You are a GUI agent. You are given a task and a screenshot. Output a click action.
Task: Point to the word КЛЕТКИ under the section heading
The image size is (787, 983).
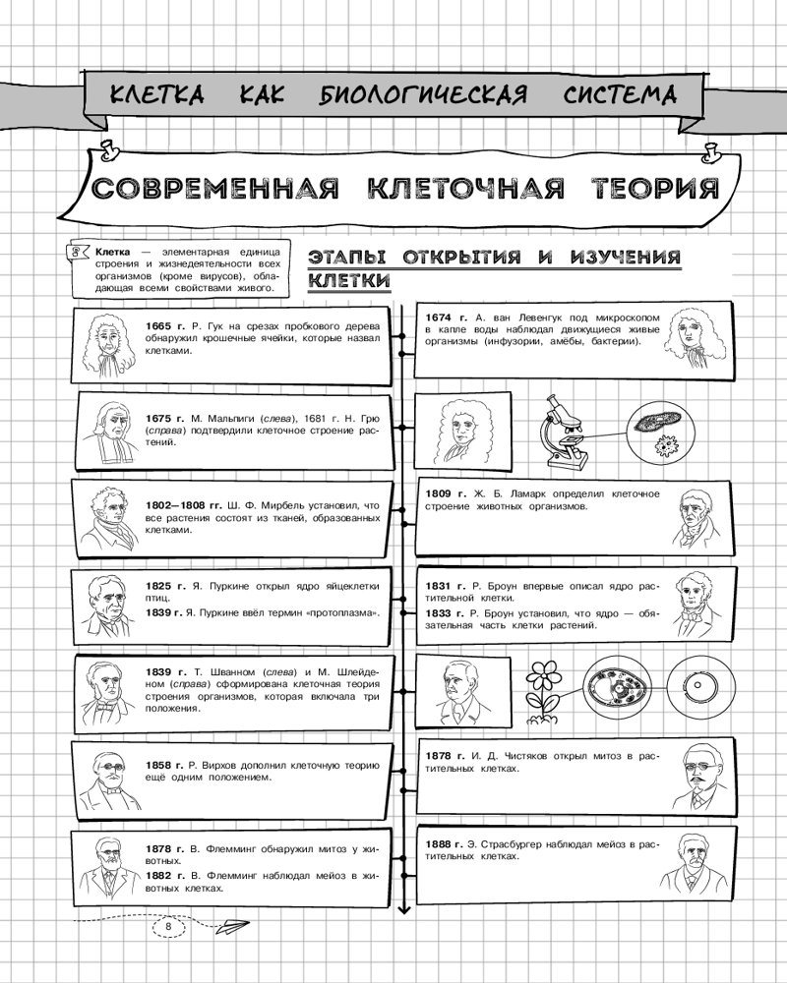pos(350,281)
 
